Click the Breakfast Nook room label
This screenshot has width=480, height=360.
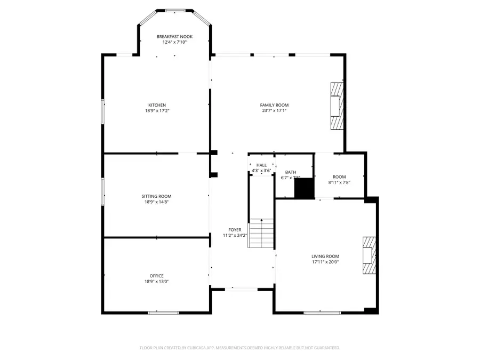(x=174, y=36)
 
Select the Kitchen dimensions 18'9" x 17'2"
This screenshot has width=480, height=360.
(x=157, y=111)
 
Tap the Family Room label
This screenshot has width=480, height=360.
(x=274, y=105)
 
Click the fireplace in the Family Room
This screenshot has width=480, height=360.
(x=336, y=106)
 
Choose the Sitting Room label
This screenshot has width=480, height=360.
(x=156, y=196)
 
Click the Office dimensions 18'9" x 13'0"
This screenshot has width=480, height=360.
(x=157, y=282)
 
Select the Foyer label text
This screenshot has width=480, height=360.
(x=235, y=230)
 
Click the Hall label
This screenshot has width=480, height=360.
(x=261, y=165)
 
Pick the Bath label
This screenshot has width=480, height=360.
(x=291, y=172)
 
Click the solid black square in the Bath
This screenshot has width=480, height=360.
(x=305, y=188)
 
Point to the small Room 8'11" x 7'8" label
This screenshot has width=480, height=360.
(x=339, y=177)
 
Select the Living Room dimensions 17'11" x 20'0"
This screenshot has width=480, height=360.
(x=325, y=262)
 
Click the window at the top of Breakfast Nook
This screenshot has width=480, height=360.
(x=174, y=10)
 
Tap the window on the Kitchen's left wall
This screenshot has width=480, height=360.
(x=103, y=111)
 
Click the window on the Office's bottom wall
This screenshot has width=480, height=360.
(x=156, y=313)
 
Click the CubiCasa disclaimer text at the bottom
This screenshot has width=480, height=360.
(x=239, y=348)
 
